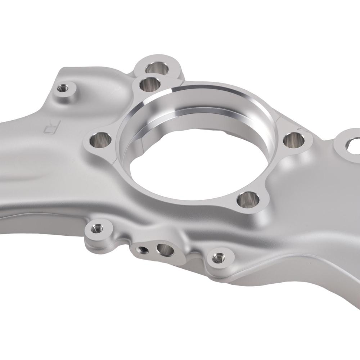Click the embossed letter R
point(53,127)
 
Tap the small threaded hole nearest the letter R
point(62,88)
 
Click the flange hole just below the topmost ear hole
point(150,84)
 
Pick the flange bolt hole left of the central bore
point(100,140)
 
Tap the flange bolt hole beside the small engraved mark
point(294,140)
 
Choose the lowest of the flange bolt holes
point(248,199)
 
